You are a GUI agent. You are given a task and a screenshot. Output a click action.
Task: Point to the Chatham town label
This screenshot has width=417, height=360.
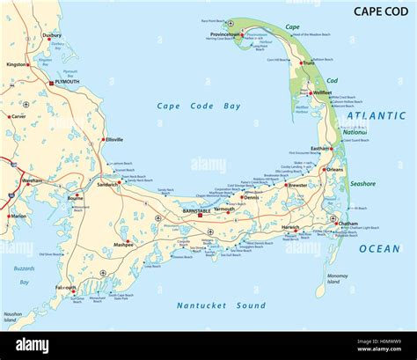click(x=347, y=224)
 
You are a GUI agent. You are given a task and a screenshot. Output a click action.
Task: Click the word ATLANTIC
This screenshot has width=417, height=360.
click(x=376, y=115)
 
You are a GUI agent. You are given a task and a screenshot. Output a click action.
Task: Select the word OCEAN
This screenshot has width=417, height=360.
click(x=379, y=249)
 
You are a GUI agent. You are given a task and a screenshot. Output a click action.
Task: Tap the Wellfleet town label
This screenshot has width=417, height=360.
click(x=321, y=92)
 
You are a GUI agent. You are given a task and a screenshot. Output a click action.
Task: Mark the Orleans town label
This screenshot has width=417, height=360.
click(x=334, y=169)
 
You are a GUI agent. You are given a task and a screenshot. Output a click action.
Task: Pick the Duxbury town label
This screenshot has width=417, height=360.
click(x=52, y=36)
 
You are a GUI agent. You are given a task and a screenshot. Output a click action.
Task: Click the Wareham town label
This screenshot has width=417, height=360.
click(x=33, y=180)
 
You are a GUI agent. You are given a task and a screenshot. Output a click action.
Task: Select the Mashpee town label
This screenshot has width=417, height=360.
click(x=124, y=244)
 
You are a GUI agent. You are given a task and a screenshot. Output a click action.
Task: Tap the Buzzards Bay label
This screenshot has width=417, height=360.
click(x=25, y=274)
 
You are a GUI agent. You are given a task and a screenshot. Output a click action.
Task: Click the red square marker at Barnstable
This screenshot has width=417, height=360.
click(x=200, y=214)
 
